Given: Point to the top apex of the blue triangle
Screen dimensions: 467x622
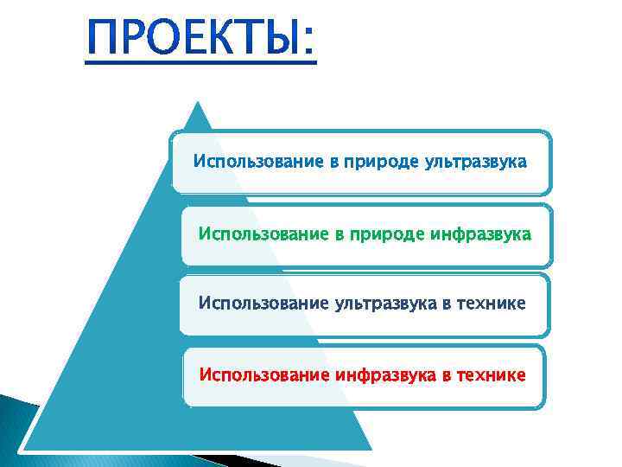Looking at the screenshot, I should click(200, 103).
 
